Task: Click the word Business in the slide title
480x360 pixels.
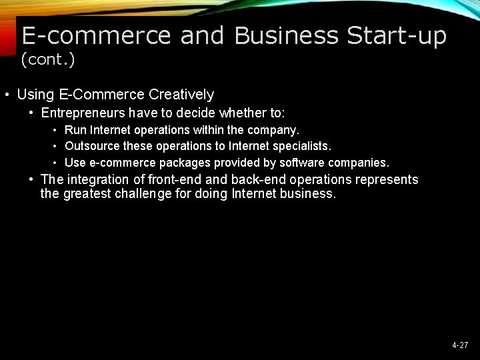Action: point(286,35)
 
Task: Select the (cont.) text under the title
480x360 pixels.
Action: point(48,60)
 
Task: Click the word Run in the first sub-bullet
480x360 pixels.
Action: point(75,129)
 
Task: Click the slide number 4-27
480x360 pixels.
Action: point(460,345)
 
